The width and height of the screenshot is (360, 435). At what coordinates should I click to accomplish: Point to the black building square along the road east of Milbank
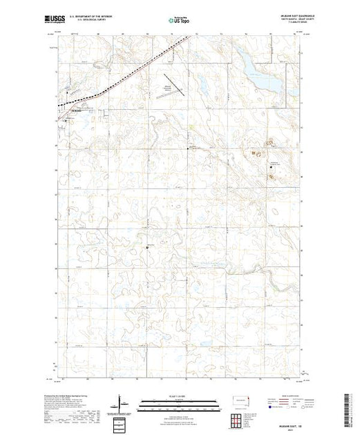194,146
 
